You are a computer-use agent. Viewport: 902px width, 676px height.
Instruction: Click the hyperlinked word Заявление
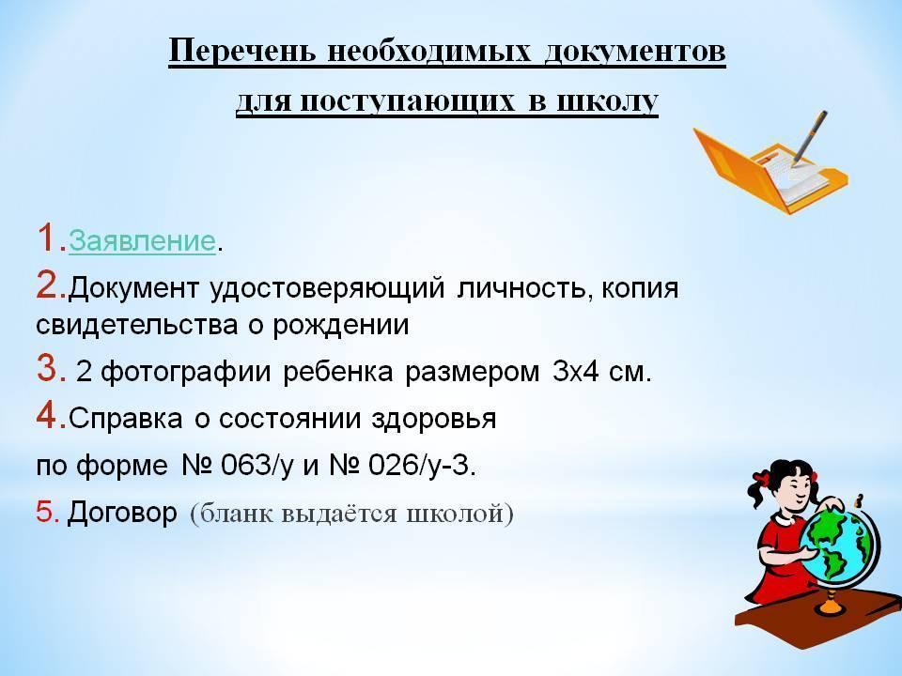(142, 240)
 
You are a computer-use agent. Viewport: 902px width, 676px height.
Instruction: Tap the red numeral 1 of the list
(47, 238)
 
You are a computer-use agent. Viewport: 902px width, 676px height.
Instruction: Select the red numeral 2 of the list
(47, 285)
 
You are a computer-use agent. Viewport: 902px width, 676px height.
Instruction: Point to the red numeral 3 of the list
(47, 368)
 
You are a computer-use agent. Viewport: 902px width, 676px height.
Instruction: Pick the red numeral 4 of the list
(47, 415)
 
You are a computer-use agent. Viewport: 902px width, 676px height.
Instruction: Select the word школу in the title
(608, 103)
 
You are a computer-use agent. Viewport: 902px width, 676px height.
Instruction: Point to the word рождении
(340, 326)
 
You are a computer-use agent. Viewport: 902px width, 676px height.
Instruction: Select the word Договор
(122, 513)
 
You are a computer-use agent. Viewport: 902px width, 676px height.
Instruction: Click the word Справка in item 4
(125, 419)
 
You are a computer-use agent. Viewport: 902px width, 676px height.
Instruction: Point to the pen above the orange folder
(810, 137)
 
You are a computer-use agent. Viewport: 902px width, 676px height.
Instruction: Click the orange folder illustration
(770, 171)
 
